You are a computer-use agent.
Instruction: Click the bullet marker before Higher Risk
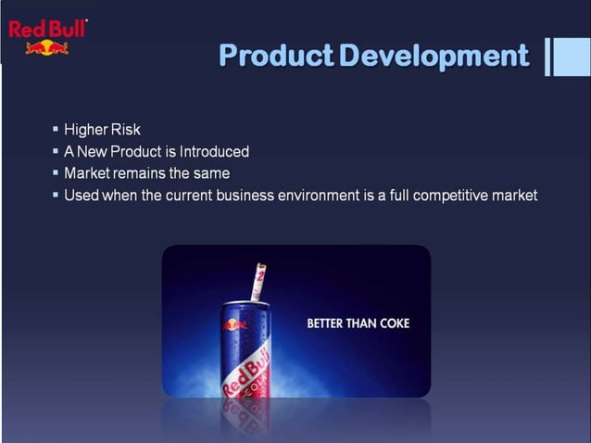[56, 130]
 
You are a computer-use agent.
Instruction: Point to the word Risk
[124, 130]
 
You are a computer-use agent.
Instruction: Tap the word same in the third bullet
[211, 173]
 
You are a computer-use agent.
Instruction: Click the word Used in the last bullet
[81, 196]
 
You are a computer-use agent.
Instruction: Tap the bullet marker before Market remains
[56, 173]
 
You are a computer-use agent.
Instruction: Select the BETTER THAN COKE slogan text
[358, 323]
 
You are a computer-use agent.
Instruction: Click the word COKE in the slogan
[393, 323]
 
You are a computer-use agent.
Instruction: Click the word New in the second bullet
[94, 152]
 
